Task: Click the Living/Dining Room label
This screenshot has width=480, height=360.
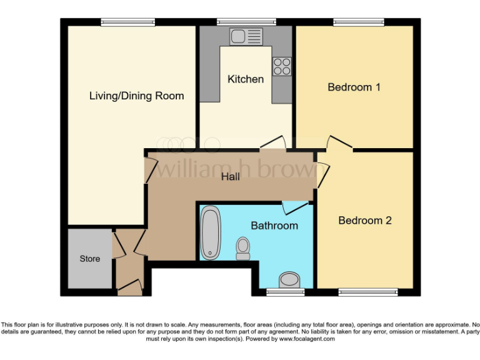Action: tap(136, 96)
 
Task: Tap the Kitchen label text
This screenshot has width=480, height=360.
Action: tap(245, 79)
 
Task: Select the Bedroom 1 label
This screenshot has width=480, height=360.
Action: tap(354, 87)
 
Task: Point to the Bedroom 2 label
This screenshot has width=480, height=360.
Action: tap(364, 221)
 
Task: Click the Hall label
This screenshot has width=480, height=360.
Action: tap(231, 177)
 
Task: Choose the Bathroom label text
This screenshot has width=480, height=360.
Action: tap(274, 225)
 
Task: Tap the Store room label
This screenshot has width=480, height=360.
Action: tap(89, 259)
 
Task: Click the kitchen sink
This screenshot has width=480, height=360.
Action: tap(246, 37)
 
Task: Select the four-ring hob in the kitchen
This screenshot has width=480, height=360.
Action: tap(281, 66)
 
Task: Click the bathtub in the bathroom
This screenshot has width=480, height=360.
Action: tap(209, 234)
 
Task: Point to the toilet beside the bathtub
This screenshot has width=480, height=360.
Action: tap(242, 248)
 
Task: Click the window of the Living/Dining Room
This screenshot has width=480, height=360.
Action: tap(128, 22)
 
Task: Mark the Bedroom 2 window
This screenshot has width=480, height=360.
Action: tap(368, 292)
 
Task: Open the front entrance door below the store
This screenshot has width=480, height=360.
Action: tap(130, 287)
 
